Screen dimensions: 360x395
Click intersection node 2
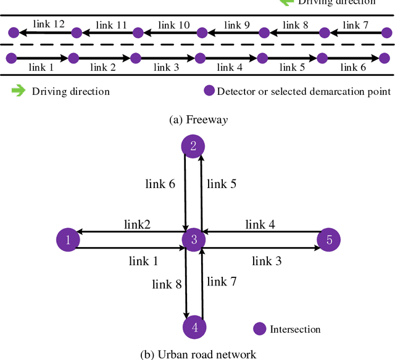coord(193,146)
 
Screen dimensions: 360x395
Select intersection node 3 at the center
coord(194,240)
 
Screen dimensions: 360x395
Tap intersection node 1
coord(68,240)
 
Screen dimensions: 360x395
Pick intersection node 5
coord(329,239)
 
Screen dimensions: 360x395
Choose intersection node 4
coord(194,327)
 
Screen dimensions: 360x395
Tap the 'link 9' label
coord(237,25)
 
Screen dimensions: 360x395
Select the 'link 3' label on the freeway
coord(166,67)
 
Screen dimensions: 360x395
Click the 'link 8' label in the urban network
coord(167,284)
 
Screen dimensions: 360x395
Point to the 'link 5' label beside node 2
coord(222,183)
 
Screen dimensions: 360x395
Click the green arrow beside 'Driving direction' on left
coord(19,91)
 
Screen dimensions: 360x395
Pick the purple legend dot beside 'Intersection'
coord(260,329)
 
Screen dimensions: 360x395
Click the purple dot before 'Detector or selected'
coord(209,91)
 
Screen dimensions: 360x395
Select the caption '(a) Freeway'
coord(197,120)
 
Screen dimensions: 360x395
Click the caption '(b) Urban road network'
coord(197,353)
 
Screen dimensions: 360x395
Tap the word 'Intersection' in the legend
coord(295,329)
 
